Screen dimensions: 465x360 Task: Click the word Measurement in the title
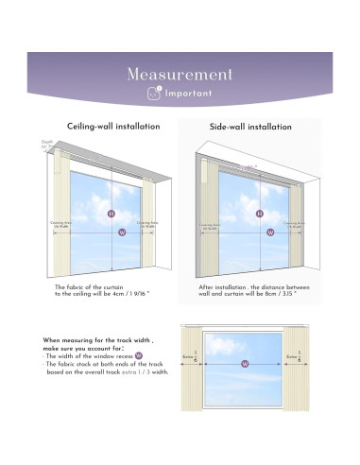click(180, 74)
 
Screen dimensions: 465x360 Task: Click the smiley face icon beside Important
click(154, 94)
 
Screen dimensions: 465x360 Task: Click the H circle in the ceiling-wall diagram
click(111, 214)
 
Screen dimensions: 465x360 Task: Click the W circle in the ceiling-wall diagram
click(111, 235)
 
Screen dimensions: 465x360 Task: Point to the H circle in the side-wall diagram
click(259, 214)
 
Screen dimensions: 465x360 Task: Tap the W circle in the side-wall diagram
click(259, 235)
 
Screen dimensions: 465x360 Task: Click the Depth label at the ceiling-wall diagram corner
click(47, 144)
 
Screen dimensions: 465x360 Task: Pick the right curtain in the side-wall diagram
click(296, 227)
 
